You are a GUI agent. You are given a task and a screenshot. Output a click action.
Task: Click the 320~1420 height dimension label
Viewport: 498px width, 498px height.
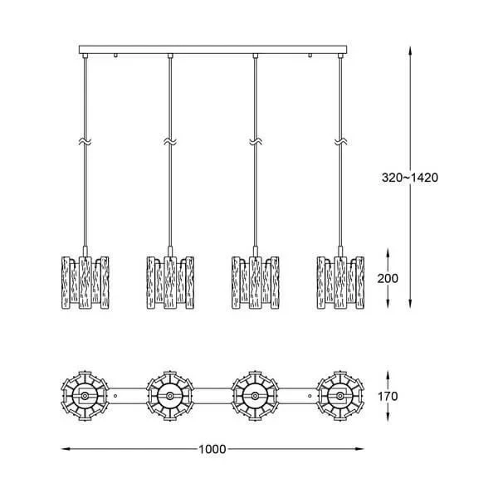pos(410,178)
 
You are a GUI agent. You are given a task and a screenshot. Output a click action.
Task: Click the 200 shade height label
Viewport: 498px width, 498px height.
pos(388,279)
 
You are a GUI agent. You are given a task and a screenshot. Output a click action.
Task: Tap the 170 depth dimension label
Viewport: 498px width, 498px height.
pos(388,397)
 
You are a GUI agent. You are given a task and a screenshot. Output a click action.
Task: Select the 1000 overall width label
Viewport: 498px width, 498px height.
pos(212,449)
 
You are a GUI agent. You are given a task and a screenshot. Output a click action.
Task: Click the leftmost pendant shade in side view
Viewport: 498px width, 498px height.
pos(85,282)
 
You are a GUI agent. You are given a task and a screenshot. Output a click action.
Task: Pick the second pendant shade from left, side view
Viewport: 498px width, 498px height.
pos(170,282)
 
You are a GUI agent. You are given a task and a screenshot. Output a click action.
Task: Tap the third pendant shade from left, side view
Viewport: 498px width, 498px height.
pos(256,282)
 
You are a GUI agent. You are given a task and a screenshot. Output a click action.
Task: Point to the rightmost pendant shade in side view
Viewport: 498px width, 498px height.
pos(340,282)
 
